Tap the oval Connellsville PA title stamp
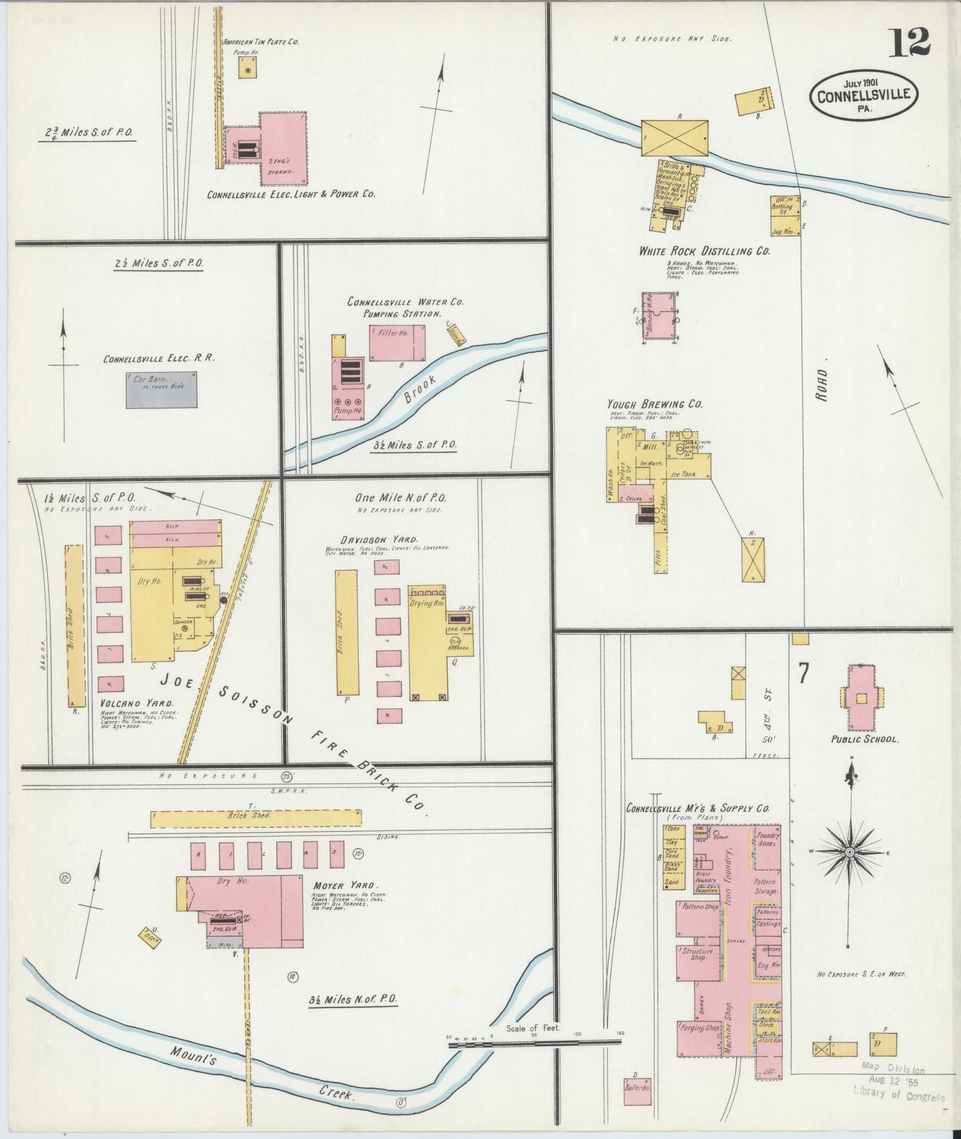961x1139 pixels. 863,96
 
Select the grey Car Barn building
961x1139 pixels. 162,389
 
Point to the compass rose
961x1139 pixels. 849,851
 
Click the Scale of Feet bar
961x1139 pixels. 536,1043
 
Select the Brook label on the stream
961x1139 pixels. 420,390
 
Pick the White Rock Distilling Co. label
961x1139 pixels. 704,251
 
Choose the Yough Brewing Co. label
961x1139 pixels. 654,403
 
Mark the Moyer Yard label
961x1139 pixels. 345,885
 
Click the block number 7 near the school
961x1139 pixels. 803,674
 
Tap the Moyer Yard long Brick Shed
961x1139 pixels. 256,818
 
